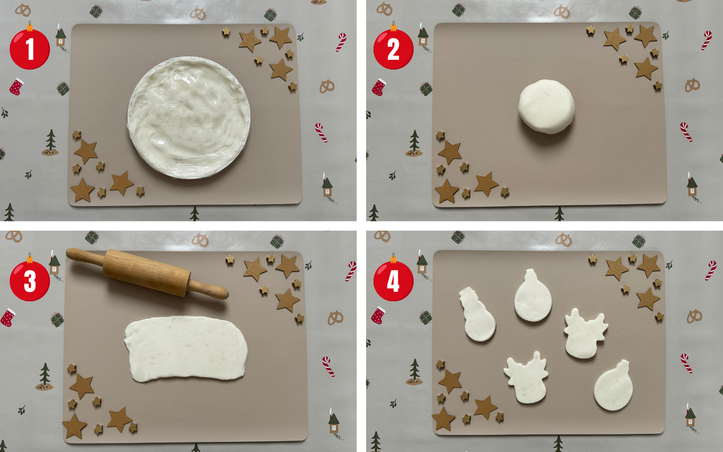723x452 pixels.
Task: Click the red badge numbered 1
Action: pyautogui.click(x=30, y=49)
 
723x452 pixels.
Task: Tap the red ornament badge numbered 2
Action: pyautogui.click(x=393, y=49)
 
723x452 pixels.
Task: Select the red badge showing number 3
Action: pyautogui.click(x=30, y=281)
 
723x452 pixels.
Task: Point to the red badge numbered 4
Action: pyautogui.click(x=393, y=281)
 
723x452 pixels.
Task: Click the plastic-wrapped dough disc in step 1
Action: pyautogui.click(x=189, y=118)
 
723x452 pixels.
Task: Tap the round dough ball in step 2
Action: pyautogui.click(x=546, y=106)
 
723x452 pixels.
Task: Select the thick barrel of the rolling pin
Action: pyautogui.click(x=147, y=272)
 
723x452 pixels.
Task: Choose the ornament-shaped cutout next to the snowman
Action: pyautogui.click(x=533, y=296)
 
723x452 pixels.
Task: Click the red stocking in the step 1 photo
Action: pyautogui.click(x=16, y=86)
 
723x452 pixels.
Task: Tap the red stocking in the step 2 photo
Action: pyautogui.click(x=378, y=87)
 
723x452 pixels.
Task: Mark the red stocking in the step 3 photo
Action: pyautogui.click(x=8, y=318)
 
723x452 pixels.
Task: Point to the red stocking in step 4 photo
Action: pyautogui.click(x=378, y=315)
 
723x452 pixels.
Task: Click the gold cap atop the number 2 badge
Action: pyautogui.click(x=393, y=27)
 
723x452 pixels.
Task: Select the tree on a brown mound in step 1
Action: pyautogui.click(x=50, y=142)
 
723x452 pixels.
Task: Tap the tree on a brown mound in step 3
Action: pyautogui.click(x=45, y=376)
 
